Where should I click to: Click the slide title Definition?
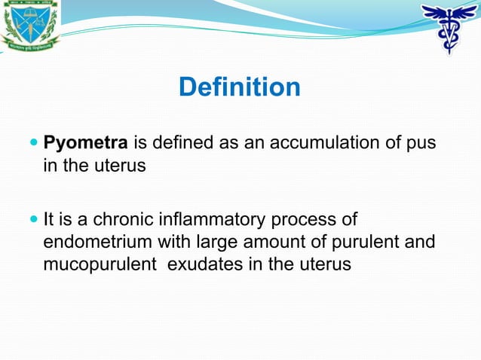(x=240, y=87)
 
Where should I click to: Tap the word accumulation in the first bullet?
(x=326, y=142)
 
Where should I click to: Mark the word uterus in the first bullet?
(x=121, y=165)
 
